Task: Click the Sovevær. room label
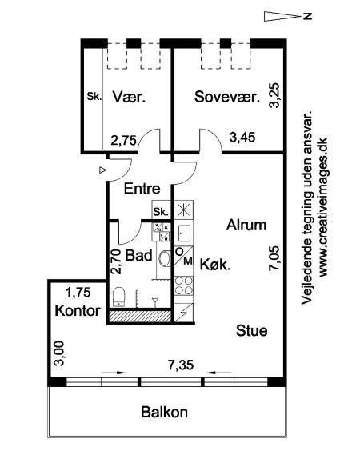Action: pos(227,97)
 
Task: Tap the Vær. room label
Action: pos(129,97)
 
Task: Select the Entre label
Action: pos(142,189)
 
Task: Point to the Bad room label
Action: pos(139,255)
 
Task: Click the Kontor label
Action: pos(78,310)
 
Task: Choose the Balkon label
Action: pos(164,412)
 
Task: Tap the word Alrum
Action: pos(246,226)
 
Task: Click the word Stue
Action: pos(252,331)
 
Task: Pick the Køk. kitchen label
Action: pos(215,265)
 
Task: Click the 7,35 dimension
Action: pos(181,365)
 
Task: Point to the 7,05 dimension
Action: pos(275,258)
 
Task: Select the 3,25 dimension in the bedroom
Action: pos(274,96)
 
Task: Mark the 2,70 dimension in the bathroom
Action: pos(116,261)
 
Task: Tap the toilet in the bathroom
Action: pos(119,297)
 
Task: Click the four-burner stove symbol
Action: pos(184,286)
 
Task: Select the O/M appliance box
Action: pos(184,256)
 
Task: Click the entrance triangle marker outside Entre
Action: pos(102,170)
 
